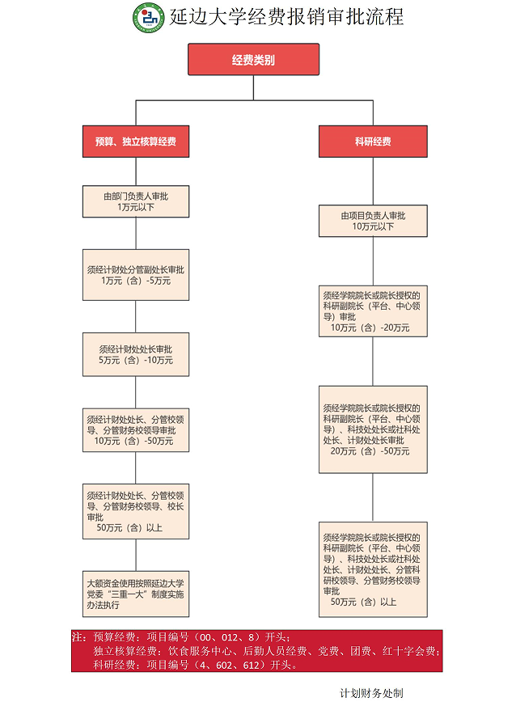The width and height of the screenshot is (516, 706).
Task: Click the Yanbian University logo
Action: click(x=149, y=18)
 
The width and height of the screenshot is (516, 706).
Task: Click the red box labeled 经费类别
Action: click(x=253, y=59)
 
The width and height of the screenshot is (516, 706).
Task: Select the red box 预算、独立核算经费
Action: click(x=136, y=142)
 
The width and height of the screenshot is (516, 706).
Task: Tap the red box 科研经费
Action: click(x=373, y=142)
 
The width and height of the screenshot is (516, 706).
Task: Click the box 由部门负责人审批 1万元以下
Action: click(x=136, y=201)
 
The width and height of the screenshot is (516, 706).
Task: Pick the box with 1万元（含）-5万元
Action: click(x=136, y=275)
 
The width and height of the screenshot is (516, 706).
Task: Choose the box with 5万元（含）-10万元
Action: click(x=136, y=354)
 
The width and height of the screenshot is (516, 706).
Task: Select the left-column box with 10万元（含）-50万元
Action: click(x=136, y=430)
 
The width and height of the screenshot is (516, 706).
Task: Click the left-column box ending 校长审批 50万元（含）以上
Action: click(x=136, y=511)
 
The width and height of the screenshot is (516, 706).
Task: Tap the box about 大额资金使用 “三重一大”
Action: click(x=136, y=594)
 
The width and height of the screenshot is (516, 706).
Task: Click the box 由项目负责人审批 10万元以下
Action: click(x=373, y=221)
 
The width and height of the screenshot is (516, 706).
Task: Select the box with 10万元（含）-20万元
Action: click(x=373, y=311)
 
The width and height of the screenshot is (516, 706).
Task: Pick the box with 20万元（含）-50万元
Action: click(x=373, y=429)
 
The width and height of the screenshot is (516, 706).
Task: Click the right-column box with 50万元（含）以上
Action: click(x=373, y=569)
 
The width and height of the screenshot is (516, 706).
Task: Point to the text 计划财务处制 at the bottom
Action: click(x=371, y=693)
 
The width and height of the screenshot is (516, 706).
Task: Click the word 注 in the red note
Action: click(x=78, y=636)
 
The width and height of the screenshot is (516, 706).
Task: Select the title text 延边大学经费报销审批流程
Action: click(x=286, y=17)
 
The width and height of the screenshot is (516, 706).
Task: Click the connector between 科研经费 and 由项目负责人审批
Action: click(x=373, y=181)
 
